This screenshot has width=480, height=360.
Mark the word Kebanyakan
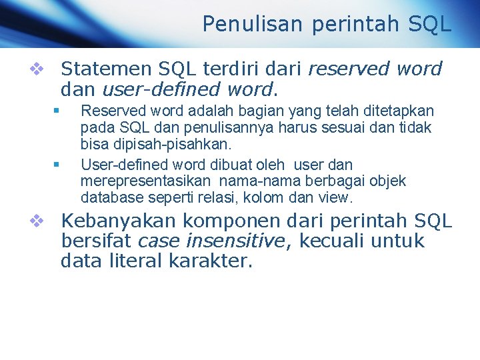pos(118,221)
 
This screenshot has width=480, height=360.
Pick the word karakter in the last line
pos(211,261)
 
